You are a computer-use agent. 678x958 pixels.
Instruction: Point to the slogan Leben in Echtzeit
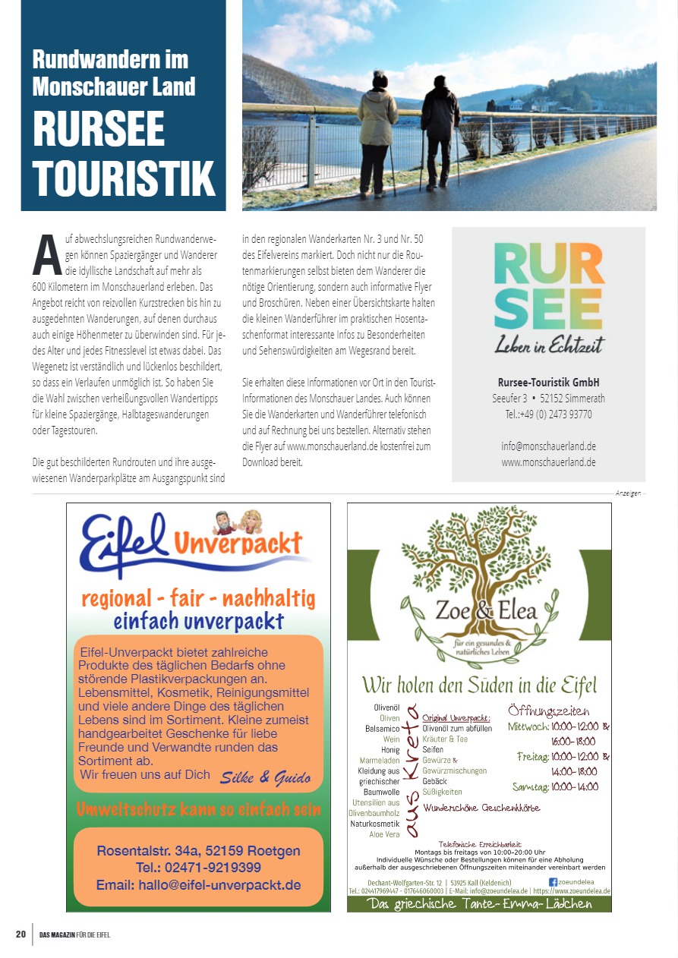549,345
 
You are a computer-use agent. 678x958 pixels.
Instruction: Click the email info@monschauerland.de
548,446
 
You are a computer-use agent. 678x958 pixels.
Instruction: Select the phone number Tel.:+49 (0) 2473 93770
548,414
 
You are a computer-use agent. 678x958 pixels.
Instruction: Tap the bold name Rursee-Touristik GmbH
548,382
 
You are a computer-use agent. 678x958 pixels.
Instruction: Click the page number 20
20,934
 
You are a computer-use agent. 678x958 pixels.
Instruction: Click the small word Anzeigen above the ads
627,493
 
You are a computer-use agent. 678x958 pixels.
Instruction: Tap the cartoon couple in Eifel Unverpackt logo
236,521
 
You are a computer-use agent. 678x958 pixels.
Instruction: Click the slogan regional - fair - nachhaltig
197,598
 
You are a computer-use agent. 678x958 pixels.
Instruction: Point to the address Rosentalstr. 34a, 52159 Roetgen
198,851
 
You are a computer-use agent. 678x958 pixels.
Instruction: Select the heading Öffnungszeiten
548,711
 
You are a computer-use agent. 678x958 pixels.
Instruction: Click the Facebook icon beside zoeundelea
553,881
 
